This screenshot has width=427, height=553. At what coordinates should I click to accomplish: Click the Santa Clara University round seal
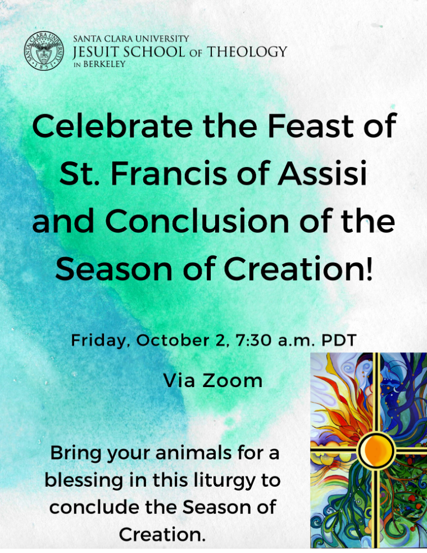tap(44, 51)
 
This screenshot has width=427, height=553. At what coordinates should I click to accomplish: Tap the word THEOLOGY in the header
tap(247, 52)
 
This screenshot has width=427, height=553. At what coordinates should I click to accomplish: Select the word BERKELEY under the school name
tap(105, 64)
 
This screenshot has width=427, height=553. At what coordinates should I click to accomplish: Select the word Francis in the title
tap(169, 173)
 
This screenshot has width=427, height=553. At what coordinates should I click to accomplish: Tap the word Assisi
tap(322, 173)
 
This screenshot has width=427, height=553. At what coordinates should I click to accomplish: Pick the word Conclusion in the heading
tap(197, 221)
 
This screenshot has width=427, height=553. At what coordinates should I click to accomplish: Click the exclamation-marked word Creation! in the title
tap(298, 269)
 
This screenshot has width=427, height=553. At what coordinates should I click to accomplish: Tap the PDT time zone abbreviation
tap(339, 340)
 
